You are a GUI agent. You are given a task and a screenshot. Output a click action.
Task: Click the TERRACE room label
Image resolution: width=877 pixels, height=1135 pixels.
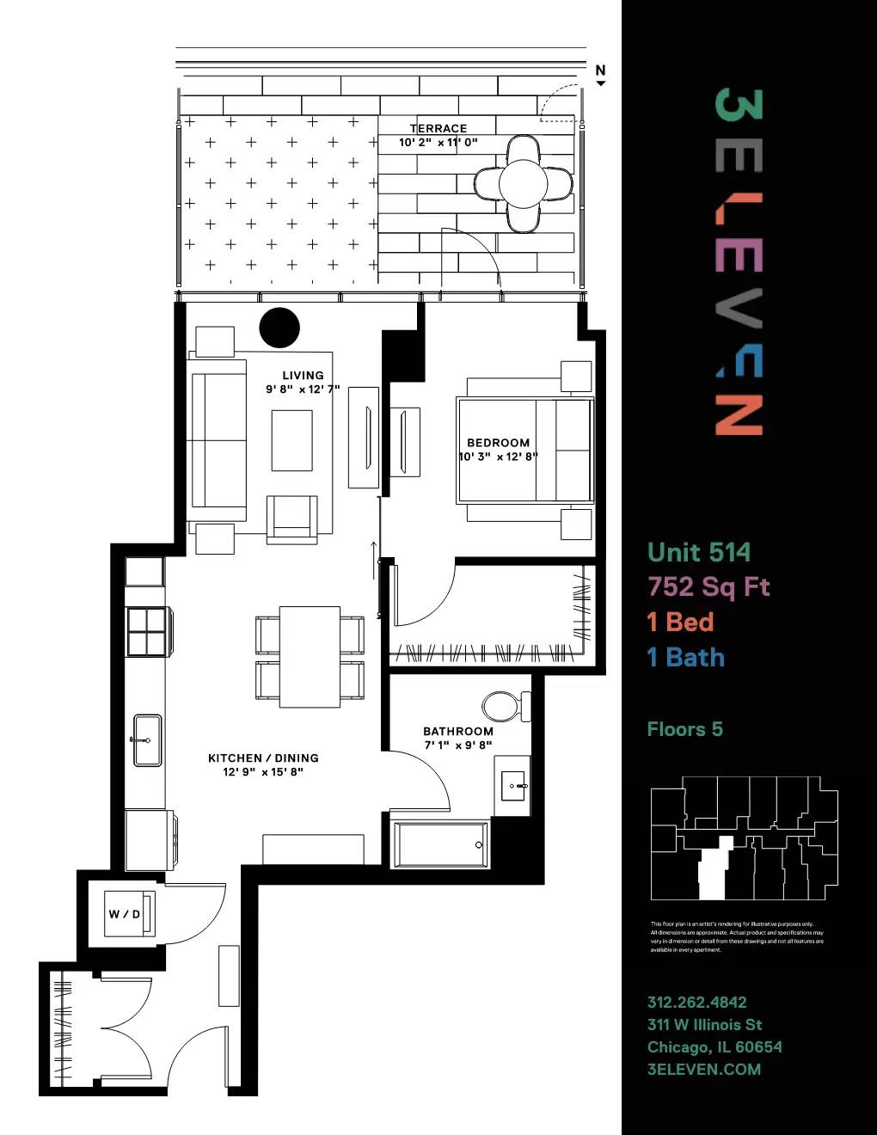438,128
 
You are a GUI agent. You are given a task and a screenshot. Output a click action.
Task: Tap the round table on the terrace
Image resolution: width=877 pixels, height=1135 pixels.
523,183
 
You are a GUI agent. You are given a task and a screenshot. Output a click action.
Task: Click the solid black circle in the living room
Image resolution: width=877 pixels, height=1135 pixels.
279,327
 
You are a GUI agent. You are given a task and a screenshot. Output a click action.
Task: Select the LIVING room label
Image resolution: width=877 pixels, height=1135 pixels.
303,375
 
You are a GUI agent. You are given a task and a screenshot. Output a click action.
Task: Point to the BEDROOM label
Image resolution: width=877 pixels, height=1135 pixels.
498,443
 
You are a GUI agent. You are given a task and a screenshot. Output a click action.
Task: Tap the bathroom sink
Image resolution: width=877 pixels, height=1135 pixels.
513,786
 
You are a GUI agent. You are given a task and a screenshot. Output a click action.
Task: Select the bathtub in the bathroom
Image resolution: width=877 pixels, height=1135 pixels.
441,844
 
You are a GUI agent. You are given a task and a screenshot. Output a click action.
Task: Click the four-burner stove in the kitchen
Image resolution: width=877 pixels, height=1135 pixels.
146,631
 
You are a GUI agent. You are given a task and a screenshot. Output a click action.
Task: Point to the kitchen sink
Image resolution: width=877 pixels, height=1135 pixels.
147,739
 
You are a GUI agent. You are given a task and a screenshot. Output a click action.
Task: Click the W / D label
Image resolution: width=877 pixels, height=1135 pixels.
124,914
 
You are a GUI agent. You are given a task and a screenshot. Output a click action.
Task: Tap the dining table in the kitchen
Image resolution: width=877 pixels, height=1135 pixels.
310,657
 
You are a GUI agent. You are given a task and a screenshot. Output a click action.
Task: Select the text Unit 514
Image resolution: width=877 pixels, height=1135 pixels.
698,552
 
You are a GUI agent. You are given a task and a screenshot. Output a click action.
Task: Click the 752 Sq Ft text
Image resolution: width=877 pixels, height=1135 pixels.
708,586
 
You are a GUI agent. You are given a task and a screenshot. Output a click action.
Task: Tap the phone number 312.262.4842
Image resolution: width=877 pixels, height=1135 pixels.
696,1002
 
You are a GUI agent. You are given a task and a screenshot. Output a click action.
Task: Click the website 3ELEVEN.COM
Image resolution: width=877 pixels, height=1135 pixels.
703,1069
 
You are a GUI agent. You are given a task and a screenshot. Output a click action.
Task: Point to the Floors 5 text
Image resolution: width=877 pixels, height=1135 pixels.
684,729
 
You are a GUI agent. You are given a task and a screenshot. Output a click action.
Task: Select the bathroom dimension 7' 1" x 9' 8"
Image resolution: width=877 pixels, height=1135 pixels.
458,745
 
